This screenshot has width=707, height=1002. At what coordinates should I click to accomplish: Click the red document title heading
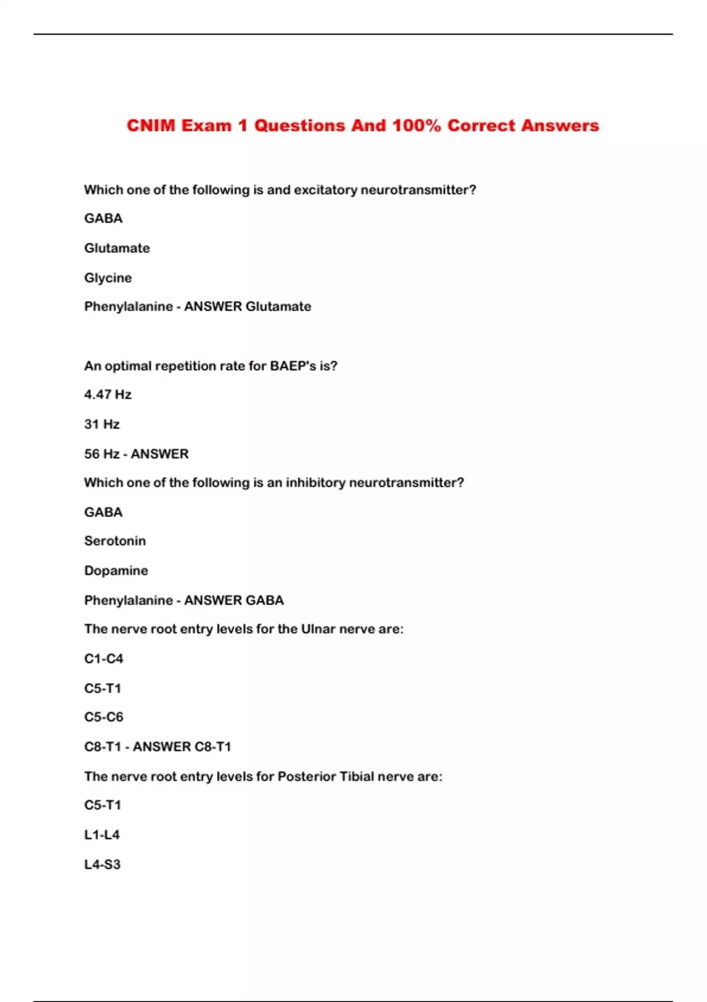[362, 126]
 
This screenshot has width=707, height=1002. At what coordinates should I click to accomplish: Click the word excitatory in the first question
[325, 190]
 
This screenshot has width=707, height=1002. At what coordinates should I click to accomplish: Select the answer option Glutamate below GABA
[117, 248]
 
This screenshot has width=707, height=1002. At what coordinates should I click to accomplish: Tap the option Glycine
[108, 278]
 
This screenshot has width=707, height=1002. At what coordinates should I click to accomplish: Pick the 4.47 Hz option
[108, 394]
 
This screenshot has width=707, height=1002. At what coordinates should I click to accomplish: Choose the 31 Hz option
[102, 424]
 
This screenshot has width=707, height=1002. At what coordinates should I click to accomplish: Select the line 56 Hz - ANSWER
[136, 454]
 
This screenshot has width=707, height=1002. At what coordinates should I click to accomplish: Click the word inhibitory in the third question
[316, 483]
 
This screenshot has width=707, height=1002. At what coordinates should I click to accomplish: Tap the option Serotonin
[115, 541]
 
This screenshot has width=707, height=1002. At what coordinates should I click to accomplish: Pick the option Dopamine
[116, 571]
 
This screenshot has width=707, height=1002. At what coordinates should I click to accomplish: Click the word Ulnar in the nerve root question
[318, 629]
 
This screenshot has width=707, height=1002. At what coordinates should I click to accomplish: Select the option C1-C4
[104, 658]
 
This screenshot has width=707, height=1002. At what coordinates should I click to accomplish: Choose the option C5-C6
[104, 717]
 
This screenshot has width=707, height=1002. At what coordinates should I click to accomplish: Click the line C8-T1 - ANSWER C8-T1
[157, 747]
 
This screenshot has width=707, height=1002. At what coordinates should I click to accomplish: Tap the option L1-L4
[102, 835]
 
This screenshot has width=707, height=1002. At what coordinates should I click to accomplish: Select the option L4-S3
[103, 865]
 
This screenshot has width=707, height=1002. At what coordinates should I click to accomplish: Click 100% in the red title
[417, 126]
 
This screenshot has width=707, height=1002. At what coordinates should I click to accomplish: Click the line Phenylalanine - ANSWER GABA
[184, 600]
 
